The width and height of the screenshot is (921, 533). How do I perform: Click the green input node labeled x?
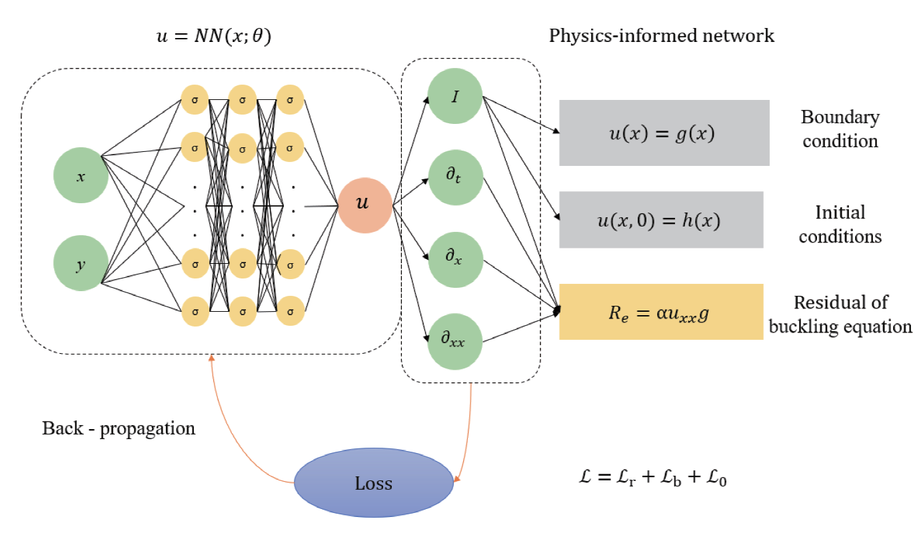click(x=81, y=177)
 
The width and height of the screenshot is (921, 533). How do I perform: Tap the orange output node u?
click(x=364, y=205)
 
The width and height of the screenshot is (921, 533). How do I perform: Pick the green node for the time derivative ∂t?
click(x=455, y=178)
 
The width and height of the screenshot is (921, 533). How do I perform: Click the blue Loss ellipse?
click(x=373, y=482)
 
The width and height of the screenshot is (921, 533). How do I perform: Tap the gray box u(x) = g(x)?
click(x=664, y=133)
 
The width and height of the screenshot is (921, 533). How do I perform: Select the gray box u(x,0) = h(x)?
click(x=660, y=219)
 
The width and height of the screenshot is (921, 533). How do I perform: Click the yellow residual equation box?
click(x=660, y=312)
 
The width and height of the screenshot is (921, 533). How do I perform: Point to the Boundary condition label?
click(x=840, y=129)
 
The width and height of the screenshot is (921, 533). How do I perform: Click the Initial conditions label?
click(x=840, y=225)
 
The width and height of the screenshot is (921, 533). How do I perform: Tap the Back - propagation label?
click(x=119, y=428)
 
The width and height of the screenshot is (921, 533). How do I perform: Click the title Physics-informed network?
click(x=661, y=35)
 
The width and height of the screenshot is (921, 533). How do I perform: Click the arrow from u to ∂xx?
click(x=410, y=273)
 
